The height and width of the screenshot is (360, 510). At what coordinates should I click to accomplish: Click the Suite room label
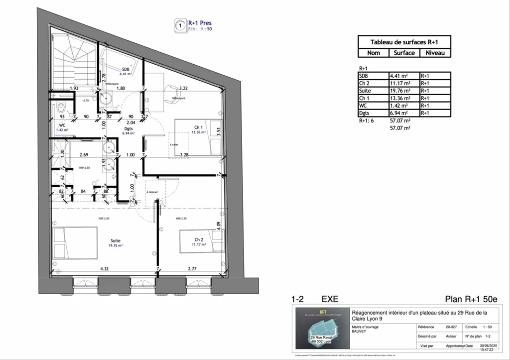[115, 240]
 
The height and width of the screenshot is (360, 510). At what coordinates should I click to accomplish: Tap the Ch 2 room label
[199, 240]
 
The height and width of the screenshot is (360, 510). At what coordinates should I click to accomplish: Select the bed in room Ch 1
[197, 137]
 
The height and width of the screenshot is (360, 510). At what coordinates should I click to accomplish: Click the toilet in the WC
[60, 108]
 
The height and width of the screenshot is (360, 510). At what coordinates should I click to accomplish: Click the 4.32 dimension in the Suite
[105, 269]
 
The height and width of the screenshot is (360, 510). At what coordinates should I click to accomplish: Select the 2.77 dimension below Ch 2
[193, 269]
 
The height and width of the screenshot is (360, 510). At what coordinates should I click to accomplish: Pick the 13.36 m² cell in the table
[400, 98]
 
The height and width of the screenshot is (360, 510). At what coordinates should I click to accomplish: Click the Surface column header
[404, 53]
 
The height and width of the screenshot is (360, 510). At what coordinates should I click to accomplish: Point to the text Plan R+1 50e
[471, 299]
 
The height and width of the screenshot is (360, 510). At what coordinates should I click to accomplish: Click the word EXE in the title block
[330, 299]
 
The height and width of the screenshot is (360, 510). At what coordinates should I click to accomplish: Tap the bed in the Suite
[76, 243]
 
